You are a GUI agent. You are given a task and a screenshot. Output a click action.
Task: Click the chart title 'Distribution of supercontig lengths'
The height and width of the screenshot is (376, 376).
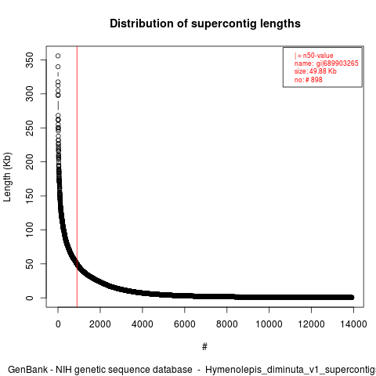tap(205, 23)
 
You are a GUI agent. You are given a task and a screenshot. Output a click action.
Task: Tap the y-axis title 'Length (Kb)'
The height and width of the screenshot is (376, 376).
tap(7, 177)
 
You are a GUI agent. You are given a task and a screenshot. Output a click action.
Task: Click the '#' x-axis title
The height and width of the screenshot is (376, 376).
tap(204, 347)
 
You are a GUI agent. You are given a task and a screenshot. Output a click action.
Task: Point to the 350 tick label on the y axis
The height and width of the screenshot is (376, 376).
tap(30, 60)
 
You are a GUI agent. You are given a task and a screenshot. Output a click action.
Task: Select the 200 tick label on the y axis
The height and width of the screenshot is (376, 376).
tap(30, 162)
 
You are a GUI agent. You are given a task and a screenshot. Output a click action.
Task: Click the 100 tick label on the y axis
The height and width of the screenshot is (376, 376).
tap(30, 230)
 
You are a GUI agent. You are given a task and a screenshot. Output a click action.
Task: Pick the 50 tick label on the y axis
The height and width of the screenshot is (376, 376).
tap(30, 264)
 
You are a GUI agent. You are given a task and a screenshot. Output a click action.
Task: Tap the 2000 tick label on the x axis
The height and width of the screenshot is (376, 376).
tap(100, 324)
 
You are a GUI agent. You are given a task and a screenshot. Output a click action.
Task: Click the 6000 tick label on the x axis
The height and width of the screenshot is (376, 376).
tap(185, 324)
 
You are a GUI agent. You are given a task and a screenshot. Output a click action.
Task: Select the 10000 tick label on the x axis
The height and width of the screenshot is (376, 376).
tap(269, 324)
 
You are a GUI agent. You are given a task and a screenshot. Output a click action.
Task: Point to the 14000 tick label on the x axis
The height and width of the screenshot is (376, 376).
tap(353, 324)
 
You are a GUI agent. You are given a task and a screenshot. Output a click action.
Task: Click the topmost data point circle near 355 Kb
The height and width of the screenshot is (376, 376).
tap(58, 56)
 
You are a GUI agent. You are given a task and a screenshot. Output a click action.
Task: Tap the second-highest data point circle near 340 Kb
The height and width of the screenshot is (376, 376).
tap(58, 67)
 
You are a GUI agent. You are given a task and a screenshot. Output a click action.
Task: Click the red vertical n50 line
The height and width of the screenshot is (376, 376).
tap(77, 177)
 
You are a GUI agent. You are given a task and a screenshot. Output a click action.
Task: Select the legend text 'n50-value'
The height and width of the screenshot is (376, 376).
tap(318, 56)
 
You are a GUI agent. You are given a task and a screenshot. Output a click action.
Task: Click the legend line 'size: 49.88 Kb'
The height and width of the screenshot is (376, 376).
tap(316, 71)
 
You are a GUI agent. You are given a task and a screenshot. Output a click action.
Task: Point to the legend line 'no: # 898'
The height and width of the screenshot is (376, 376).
tap(309, 79)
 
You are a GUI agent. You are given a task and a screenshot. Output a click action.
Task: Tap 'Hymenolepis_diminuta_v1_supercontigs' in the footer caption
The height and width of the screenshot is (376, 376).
tap(291, 370)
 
